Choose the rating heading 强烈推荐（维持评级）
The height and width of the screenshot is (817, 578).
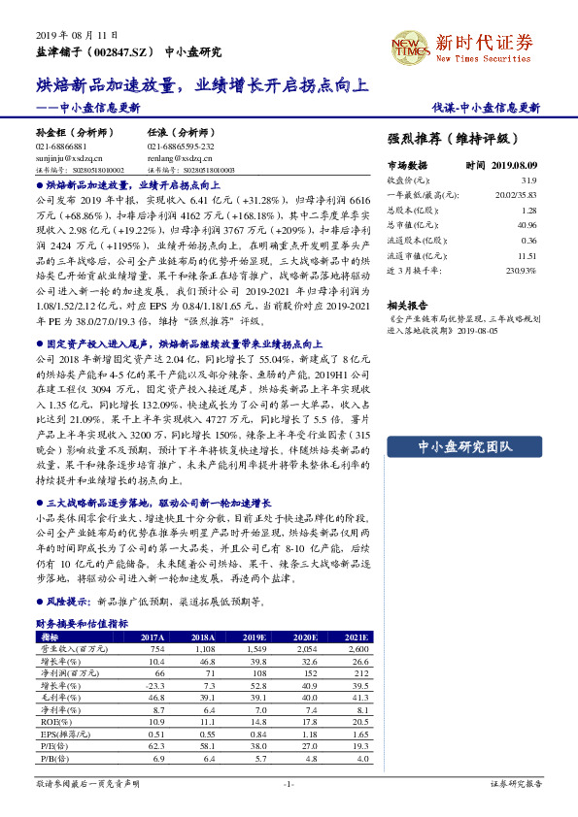[453, 139]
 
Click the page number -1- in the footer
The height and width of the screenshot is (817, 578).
[288, 783]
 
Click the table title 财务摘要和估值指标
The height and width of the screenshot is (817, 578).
[82, 624]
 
